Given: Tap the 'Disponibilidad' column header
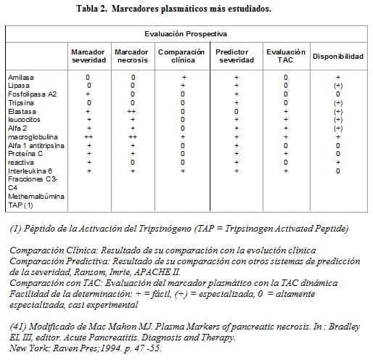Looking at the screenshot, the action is [337, 57].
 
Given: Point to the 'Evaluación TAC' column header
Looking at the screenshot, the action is [285, 56].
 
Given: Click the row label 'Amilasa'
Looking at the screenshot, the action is [20, 76].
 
